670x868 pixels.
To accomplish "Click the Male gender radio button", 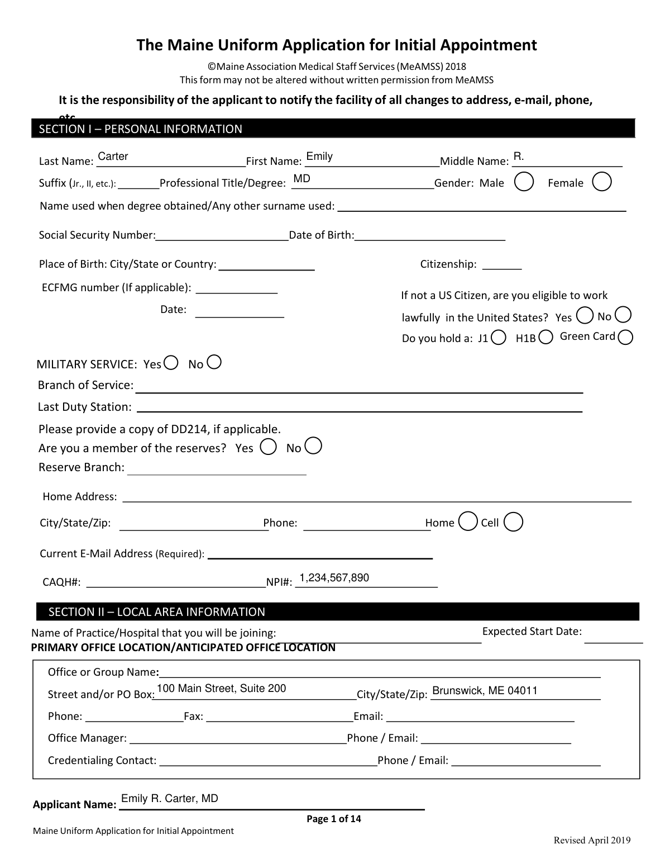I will [x=524, y=182].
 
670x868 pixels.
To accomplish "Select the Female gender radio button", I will [x=601, y=182].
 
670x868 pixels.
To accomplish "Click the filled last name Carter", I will [x=113, y=156].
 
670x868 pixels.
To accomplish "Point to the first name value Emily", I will [x=319, y=156].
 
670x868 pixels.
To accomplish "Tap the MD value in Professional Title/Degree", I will [x=301, y=179].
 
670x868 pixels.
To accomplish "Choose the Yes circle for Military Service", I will [x=171, y=363].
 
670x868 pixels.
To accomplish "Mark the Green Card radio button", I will [x=626, y=337].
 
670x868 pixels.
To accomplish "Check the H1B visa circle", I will [x=546, y=337].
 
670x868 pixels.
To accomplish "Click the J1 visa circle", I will [x=500, y=337].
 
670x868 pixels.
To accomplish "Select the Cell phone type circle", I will [x=513, y=521].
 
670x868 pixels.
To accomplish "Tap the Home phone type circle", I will [x=468, y=521].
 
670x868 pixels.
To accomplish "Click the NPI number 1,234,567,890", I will [x=334, y=578].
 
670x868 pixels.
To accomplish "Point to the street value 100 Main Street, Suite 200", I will [x=222, y=689].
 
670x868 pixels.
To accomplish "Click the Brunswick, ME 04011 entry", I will [x=485, y=691].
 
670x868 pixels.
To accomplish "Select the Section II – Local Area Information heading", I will [x=156, y=612].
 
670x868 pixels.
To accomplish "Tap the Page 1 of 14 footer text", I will [x=334, y=819].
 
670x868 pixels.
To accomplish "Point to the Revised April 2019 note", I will [x=592, y=841].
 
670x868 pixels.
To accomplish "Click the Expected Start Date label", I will [x=532, y=632].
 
